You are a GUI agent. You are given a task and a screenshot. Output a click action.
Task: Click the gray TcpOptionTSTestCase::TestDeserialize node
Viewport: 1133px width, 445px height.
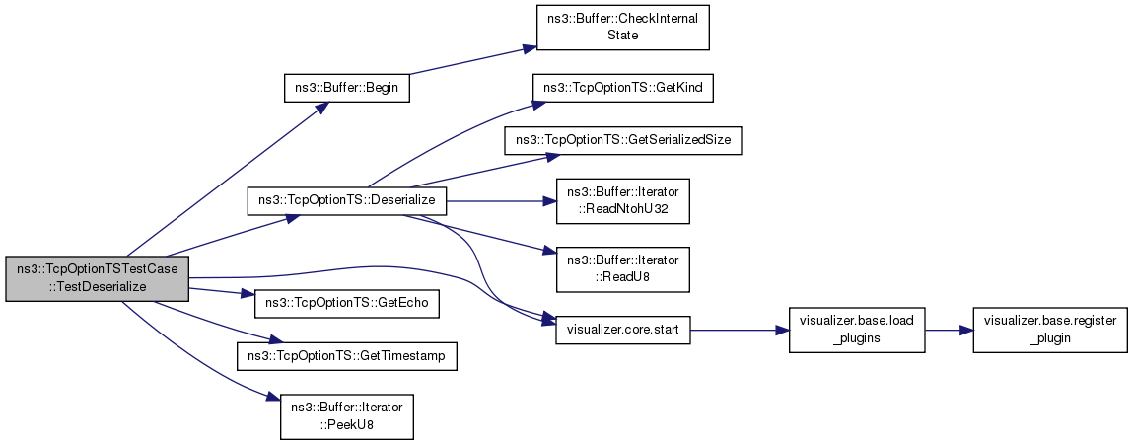coord(97,278)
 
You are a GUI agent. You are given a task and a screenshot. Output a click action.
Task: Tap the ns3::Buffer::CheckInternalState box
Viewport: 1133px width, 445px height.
coord(622,28)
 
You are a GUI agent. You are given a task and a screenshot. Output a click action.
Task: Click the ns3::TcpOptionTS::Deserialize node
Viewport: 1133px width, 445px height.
coord(347,200)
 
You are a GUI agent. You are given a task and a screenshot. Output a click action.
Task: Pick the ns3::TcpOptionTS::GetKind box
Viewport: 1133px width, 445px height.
coord(622,88)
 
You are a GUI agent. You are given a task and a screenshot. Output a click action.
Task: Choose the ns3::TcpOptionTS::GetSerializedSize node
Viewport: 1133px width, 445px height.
coord(622,142)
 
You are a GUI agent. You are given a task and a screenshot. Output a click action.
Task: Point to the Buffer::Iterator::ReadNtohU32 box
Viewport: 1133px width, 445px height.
coord(622,200)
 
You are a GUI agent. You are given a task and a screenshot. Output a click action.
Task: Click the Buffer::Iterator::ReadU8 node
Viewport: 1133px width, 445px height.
coord(622,269)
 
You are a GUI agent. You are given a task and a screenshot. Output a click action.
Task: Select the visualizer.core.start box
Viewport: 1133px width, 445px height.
coord(622,331)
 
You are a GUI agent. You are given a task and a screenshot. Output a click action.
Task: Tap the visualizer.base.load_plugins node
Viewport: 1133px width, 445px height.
coord(856,331)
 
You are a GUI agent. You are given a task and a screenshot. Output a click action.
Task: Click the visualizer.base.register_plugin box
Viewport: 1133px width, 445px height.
coord(1050,331)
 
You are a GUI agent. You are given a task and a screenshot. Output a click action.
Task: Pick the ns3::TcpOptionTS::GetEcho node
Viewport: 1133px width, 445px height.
coord(347,304)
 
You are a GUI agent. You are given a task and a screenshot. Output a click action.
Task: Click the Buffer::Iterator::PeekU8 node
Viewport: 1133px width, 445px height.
coord(347,416)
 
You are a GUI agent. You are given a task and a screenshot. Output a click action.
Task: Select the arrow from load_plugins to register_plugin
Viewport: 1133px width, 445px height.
coord(949,331)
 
